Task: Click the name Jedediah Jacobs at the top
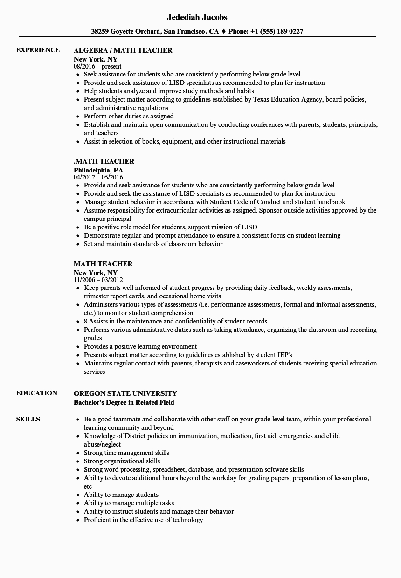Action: (x=197, y=17)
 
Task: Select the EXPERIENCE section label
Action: (x=38, y=50)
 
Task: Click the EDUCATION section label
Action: (x=37, y=393)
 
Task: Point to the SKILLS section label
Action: (x=28, y=419)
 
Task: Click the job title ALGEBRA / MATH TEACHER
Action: (x=123, y=50)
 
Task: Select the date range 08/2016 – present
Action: (x=97, y=66)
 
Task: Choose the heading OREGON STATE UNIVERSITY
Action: (x=125, y=393)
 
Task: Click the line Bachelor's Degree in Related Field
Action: (x=124, y=402)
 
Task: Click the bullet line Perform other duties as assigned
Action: (x=129, y=117)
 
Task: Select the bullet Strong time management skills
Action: (x=126, y=453)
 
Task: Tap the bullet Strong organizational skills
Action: (x=122, y=461)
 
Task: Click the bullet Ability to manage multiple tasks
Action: (x=129, y=503)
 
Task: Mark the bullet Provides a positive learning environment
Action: (x=140, y=346)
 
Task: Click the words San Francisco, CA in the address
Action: (x=191, y=32)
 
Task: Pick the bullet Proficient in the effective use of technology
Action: (x=144, y=520)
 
